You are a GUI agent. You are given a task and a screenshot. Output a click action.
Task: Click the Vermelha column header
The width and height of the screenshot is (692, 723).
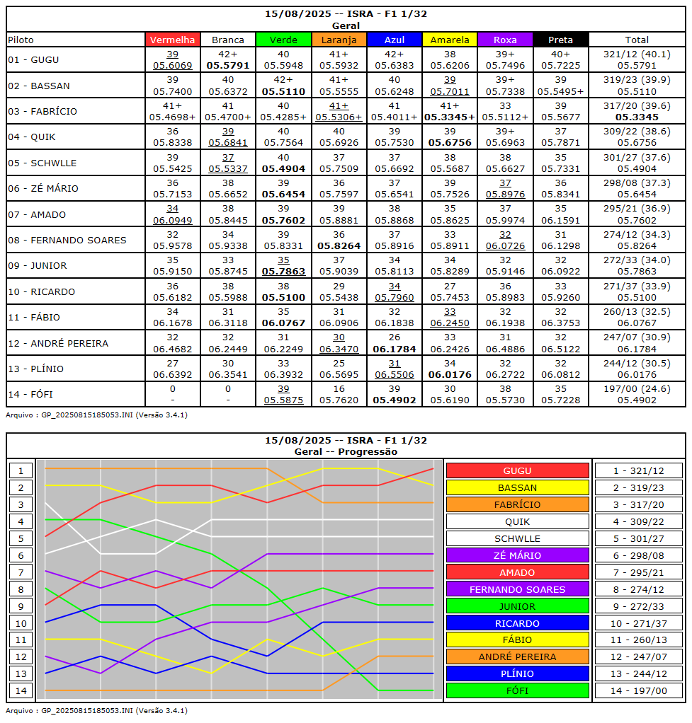pos(172,40)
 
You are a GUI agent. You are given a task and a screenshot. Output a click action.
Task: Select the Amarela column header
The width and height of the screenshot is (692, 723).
pos(449,40)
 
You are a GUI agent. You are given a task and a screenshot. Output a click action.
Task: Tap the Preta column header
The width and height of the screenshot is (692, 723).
pos(560,40)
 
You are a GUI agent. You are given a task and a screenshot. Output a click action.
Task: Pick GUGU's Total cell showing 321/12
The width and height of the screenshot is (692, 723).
pos(637,60)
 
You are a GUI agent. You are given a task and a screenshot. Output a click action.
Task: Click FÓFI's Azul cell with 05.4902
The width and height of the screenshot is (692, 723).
pos(394,394)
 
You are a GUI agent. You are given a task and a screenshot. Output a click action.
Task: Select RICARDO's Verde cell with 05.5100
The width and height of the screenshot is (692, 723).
pos(283,291)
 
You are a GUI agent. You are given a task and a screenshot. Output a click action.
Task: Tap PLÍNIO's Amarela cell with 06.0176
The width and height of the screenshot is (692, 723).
pos(449,369)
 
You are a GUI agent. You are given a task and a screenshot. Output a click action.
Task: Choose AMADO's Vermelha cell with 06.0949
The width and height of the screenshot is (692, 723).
pos(172,214)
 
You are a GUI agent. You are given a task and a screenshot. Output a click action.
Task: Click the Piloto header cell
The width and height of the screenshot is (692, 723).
pos(21,40)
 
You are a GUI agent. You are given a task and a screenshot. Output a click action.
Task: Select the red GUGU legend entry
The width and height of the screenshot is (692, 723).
pos(517,470)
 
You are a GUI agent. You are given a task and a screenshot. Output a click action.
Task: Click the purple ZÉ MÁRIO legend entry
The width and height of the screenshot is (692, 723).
pos(517,555)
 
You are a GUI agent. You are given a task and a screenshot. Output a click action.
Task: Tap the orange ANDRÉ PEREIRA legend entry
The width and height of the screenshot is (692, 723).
pos(517,657)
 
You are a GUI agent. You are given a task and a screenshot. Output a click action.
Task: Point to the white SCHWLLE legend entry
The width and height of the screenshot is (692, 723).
pos(517,538)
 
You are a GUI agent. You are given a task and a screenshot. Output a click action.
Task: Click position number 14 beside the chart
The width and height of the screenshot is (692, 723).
pos(21,690)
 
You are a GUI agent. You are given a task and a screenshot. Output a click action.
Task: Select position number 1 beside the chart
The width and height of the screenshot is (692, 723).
pos(21,470)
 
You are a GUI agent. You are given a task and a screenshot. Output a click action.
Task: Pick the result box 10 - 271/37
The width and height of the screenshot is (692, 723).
pos(638,623)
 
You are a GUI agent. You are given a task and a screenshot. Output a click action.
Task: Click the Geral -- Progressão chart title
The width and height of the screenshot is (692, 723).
pos(346,451)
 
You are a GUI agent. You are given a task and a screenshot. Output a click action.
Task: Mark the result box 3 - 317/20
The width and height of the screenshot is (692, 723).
pos(638,504)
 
